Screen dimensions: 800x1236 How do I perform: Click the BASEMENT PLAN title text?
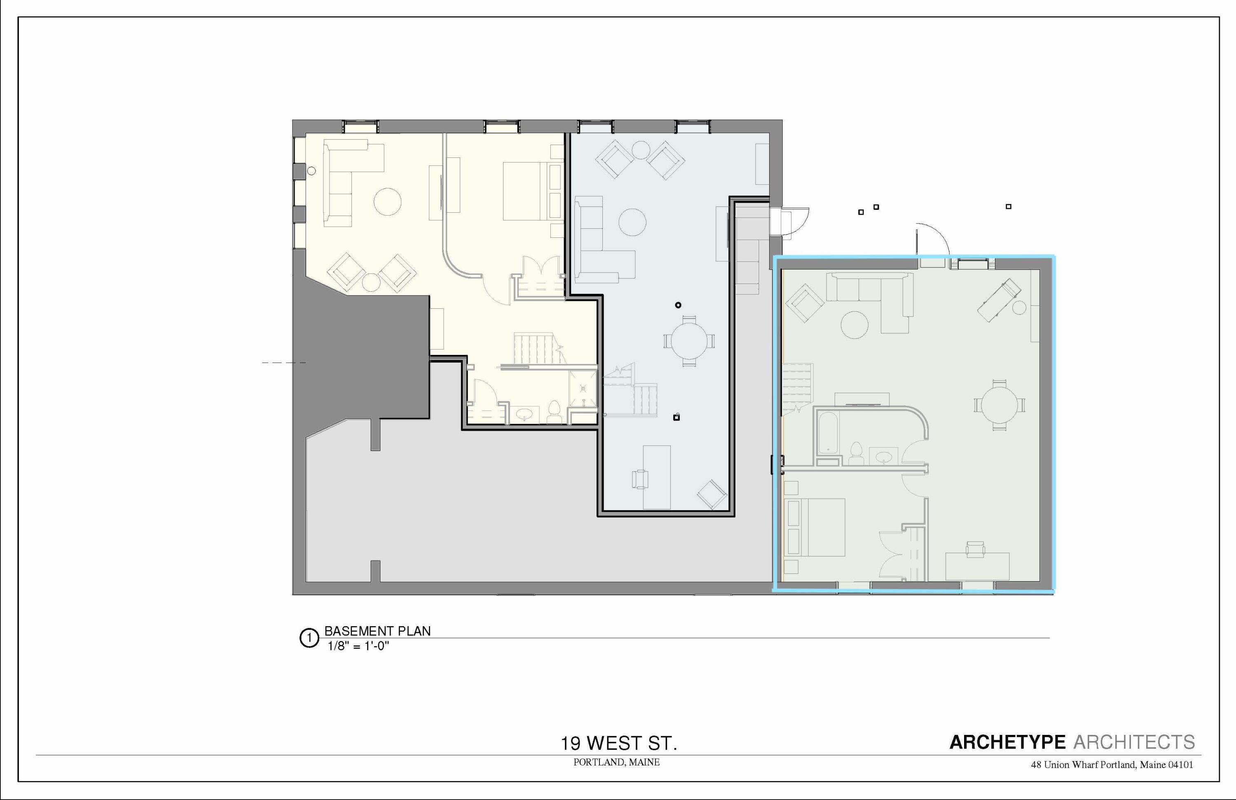pyautogui.click(x=377, y=631)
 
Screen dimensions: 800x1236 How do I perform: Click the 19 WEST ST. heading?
pyautogui.click(x=618, y=744)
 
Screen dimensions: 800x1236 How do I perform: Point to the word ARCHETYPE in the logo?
pyautogui.click(x=1007, y=742)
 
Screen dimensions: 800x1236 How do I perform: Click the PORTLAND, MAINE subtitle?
pyautogui.click(x=616, y=762)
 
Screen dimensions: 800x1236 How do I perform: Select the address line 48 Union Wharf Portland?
pyautogui.click(x=1111, y=765)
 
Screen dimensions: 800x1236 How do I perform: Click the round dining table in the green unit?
pyautogui.click(x=999, y=405)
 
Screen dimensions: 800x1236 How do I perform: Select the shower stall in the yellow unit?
pyautogui.click(x=583, y=388)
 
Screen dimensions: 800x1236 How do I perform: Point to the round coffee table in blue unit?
pyautogui.click(x=632, y=222)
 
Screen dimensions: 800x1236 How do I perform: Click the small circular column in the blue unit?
pyautogui.click(x=678, y=305)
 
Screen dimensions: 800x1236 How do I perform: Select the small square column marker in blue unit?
pyautogui.click(x=676, y=417)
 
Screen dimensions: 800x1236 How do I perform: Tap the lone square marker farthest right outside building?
pyautogui.click(x=1009, y=206)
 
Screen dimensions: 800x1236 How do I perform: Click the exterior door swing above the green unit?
pyautogui.click(x=932, y=240)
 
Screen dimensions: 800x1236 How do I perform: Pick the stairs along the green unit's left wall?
pyautogui.click(x=797, y=387)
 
